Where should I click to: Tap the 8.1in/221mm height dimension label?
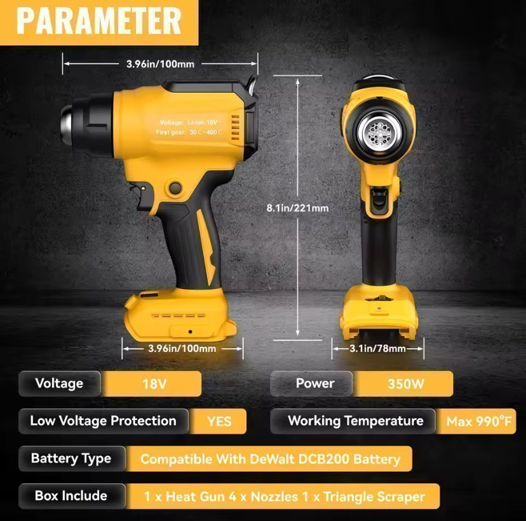click(x=297, y=208)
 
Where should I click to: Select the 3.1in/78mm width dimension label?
click(x=377, y=349)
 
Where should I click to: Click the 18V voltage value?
click(x=154, y=384)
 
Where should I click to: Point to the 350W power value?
click(x=406, y=384)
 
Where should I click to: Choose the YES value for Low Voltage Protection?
click(x=219, y=421)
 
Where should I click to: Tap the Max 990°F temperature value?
click(x=479, y=421)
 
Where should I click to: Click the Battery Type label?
click(x=71, y=459)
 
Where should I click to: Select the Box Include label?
click(x=71, y=496)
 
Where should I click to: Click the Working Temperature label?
click(x=356, y=421)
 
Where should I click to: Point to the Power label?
click(x=315, y=384)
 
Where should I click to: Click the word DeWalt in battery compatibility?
click(x=271, y=459)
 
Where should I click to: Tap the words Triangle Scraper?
click(x=374, y=496)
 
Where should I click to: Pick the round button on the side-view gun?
click(x=175, y=188)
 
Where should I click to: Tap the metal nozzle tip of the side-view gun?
click(x=66, y=123)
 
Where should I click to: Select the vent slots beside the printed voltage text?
click(x=236, y=128)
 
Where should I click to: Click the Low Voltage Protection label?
click(x=103, y=421)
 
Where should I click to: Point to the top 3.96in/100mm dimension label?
click(x=160, y=64)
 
